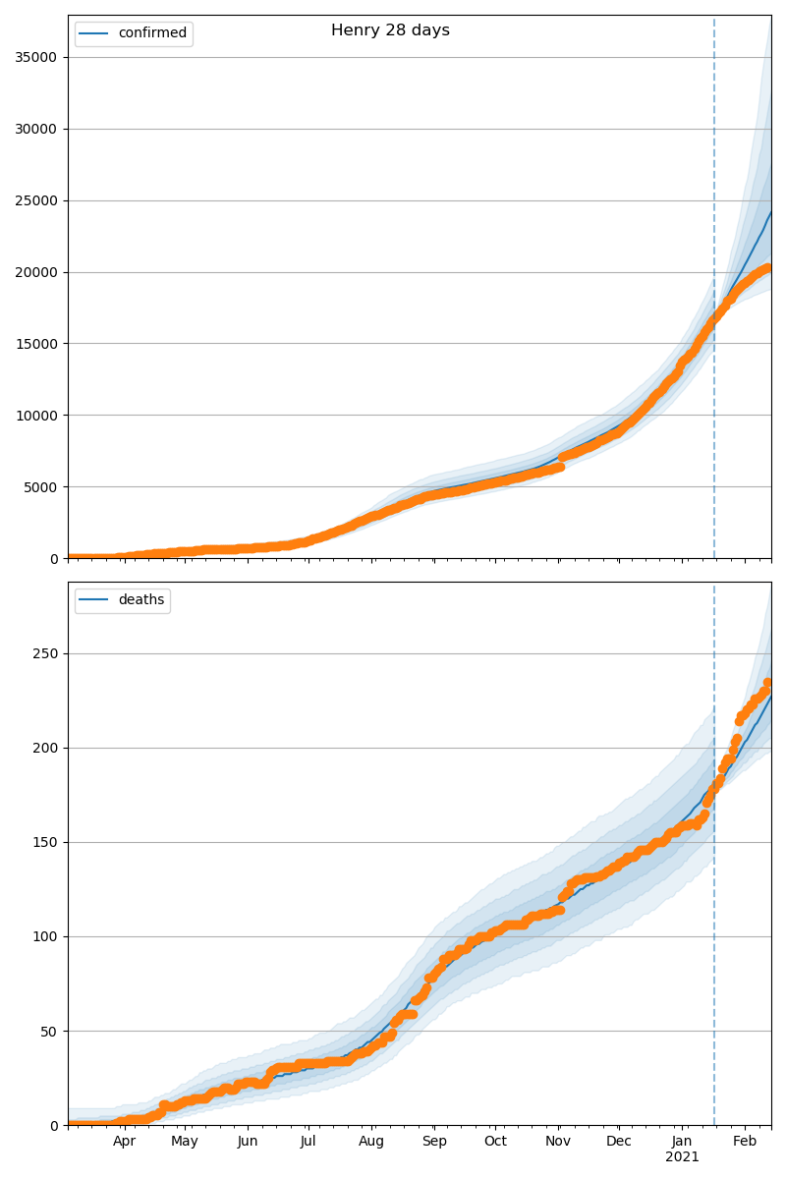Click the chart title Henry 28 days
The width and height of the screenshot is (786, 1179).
coord(390,30)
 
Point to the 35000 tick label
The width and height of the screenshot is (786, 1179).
coord(35,57)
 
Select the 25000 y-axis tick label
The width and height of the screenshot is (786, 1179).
coord(35,200)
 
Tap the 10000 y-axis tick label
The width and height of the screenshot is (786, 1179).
coord(35,416)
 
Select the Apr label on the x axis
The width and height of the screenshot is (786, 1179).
coord(124,1142)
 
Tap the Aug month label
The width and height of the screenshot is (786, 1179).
coord(371,1142)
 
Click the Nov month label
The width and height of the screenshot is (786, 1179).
coord(558,1142)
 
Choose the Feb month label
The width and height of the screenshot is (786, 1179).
coord(745,1142)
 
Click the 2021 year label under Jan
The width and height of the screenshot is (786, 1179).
coord(682,1157)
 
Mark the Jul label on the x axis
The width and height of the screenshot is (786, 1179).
coord(308,1142)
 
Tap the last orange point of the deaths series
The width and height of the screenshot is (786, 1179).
coord(768,683)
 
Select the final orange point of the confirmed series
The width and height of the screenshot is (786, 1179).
coord(768,267)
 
